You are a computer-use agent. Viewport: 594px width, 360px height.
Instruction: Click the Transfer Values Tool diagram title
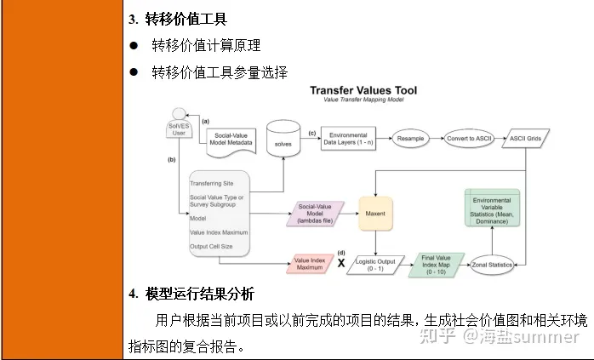(363, 89)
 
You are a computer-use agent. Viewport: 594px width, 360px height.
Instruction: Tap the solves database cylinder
(283, 138)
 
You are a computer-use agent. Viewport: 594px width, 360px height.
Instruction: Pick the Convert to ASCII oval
(471, 136)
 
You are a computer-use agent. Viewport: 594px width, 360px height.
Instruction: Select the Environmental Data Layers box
(347, 138)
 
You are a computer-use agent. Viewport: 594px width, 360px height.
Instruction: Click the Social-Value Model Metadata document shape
(234, 139)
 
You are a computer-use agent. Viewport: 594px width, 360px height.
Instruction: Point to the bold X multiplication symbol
(342, 264)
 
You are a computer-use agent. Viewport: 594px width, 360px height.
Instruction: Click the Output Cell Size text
(218, 247)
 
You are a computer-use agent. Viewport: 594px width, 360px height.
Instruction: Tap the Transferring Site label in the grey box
(212, 183)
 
